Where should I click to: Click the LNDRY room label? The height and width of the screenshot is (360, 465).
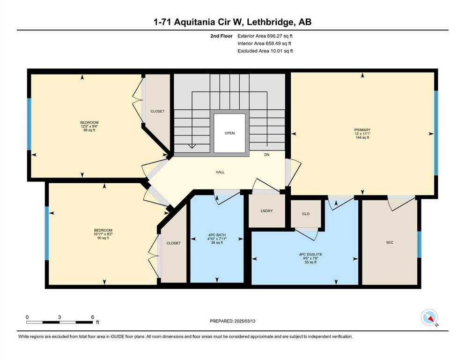(x=266, y=211)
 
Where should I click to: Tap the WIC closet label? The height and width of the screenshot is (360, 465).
(x=390, y=242)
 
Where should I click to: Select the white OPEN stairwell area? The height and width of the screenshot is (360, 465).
(x=229, y=133)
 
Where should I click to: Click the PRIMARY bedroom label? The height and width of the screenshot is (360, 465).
(x=362, y=130)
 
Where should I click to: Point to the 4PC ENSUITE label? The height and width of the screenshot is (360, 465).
(x=310, y=255)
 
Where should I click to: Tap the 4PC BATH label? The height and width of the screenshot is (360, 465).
(x=217, y=235)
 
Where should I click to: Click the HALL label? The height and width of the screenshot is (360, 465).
(x=220, y=172)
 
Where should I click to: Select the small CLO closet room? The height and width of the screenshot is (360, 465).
(x=306, y=214)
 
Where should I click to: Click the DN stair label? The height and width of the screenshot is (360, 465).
(x=267, y=155)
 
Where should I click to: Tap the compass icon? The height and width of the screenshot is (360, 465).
(x=429, y=317)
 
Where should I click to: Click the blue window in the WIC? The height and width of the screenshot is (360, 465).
(x=419, y=244)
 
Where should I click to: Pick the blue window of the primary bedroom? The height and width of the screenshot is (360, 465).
(x=436, y=133)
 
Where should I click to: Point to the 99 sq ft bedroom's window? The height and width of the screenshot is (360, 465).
(x=29, y=124)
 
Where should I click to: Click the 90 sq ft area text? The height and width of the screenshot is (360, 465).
(x=103, y=238)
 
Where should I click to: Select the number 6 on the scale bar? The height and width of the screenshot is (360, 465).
(x=93, y=317)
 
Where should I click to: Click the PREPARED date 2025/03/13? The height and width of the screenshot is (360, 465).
(x=244, y=321)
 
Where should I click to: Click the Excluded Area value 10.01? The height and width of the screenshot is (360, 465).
(x=276, y=51)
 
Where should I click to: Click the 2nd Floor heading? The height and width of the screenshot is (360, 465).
(x=221, y=36)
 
